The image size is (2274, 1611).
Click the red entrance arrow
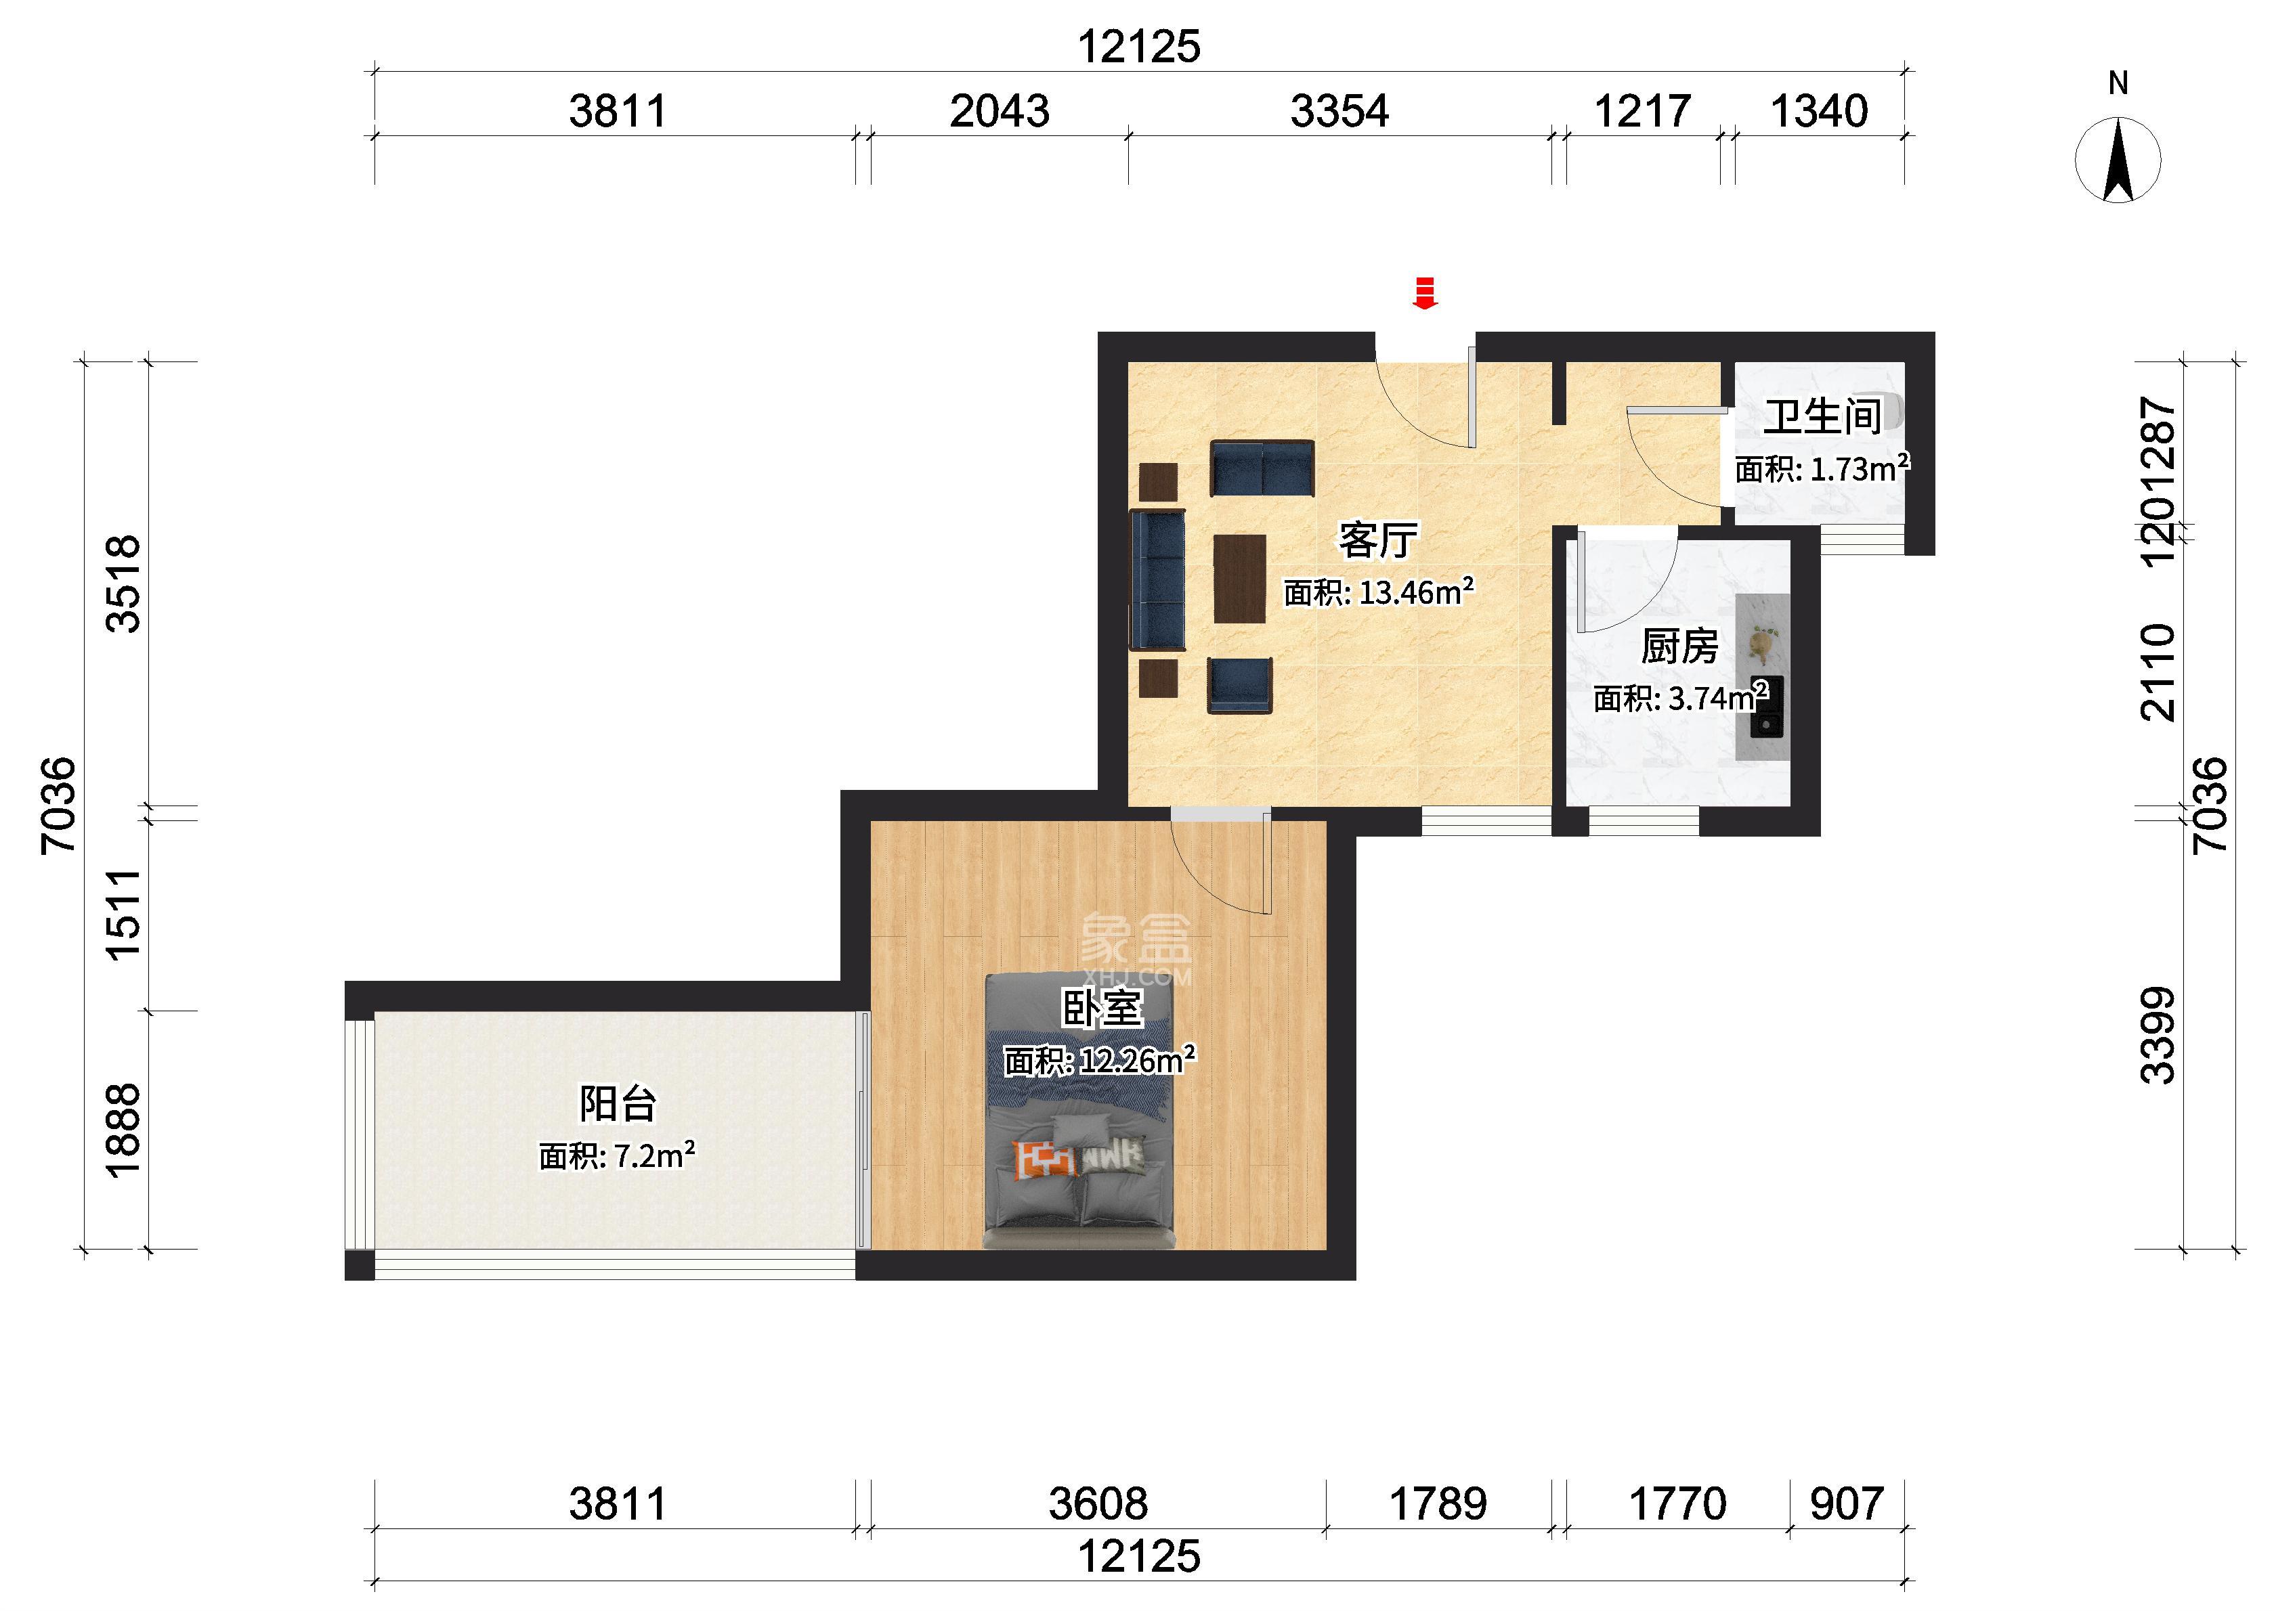[1425, 294]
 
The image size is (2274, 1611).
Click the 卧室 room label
[1102, 1009]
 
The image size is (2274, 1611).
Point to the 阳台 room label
[618, 1103]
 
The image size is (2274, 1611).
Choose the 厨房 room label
[1679, 647]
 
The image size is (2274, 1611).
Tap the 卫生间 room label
[1822, 417]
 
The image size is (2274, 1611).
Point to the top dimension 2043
[999, 111]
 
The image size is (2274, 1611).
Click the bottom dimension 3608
[1098, 1505]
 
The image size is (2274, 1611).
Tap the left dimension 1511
[123, 914]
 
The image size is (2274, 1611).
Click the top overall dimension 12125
[1139, 47]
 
